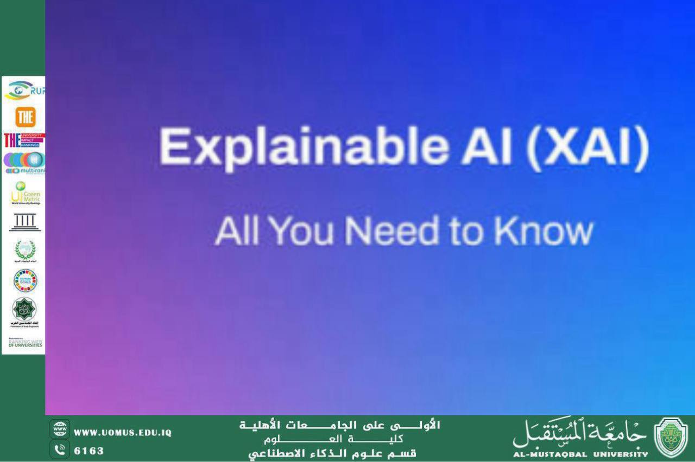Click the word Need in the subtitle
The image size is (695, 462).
(x=391, y=231)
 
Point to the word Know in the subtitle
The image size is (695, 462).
(x=544, y=231)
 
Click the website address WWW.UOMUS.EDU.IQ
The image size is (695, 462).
(x=123, y=433)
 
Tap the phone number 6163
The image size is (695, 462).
(x=89, y=451)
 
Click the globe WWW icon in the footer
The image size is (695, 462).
(x=60, y=429)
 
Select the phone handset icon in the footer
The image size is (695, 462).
(x=60, y=450)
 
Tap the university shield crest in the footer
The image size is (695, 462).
(x=671, y=438)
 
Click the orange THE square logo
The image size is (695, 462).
(x=25, y=117)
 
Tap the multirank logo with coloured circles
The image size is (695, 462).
(x=24, y=163)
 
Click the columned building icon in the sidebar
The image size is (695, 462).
(x=24, y=222)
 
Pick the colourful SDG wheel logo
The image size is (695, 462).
(x=24, y=280)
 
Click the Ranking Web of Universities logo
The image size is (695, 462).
(x=24, y=343)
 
